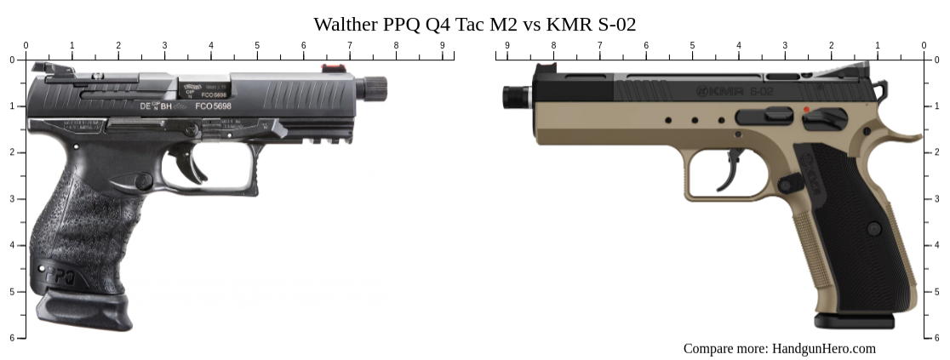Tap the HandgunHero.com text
tap(823, 348)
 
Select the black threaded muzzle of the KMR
tap(512, 96)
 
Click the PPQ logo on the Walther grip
tap(60, 277)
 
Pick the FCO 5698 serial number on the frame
tap(213, 106)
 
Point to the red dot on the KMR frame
tap(805, 110)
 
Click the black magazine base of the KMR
tap(854, 321)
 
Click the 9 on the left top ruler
tap(442, 45)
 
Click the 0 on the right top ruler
tap(924, 45)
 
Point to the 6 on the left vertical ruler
tap(12, 338)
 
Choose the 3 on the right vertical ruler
tap(937, 199)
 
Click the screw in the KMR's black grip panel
tap(874, 228)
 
